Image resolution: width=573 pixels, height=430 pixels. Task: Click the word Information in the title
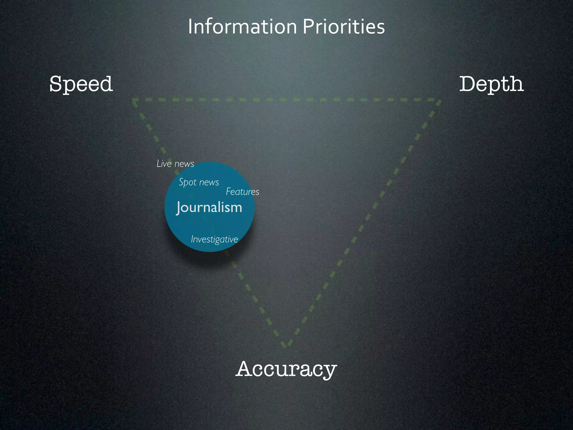[242, 27]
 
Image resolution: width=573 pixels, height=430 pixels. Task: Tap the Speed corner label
[81, 84]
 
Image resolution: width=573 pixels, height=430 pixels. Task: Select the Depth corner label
[491, 84]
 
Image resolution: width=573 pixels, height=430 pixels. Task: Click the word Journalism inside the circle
[209, 207]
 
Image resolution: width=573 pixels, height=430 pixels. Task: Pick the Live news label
[175, 164]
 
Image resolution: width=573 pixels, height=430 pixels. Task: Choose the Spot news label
[199, 182]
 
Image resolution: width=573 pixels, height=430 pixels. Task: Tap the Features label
[243, 192]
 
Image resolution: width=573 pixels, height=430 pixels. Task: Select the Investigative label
[214, 239]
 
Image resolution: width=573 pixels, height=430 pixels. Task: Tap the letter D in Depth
[468, 84]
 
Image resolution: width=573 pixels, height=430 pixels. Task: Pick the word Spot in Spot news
[187, 183]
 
